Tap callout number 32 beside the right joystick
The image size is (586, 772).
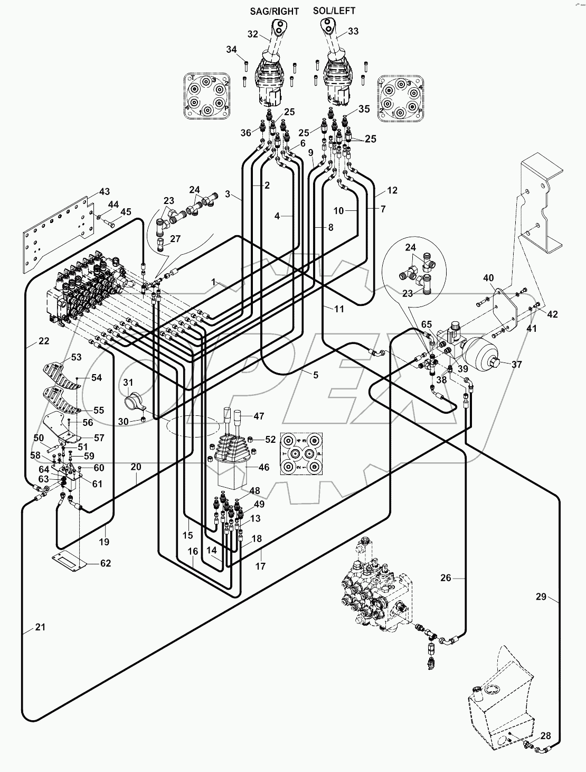pos(253,34)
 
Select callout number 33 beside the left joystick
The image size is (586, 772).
pos(353,31)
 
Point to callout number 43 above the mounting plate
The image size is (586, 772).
pos(105,191)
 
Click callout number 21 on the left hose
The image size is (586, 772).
pos(40,627)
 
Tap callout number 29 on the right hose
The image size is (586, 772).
pos(541,597)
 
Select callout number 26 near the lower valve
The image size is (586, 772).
pos(446,578)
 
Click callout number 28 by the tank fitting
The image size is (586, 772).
pos(545,736)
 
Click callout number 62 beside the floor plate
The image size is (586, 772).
pos(106,563)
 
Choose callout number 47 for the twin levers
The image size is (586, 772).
pos(259,416)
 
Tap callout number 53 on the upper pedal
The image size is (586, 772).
pos(77,358)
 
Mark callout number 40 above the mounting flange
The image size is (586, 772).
pos(488,278)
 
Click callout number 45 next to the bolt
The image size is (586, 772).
pos(126,212)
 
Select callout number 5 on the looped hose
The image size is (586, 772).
pos(316,375)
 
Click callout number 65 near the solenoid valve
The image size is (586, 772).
pos(427,324)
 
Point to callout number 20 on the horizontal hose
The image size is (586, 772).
pos(136,467)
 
